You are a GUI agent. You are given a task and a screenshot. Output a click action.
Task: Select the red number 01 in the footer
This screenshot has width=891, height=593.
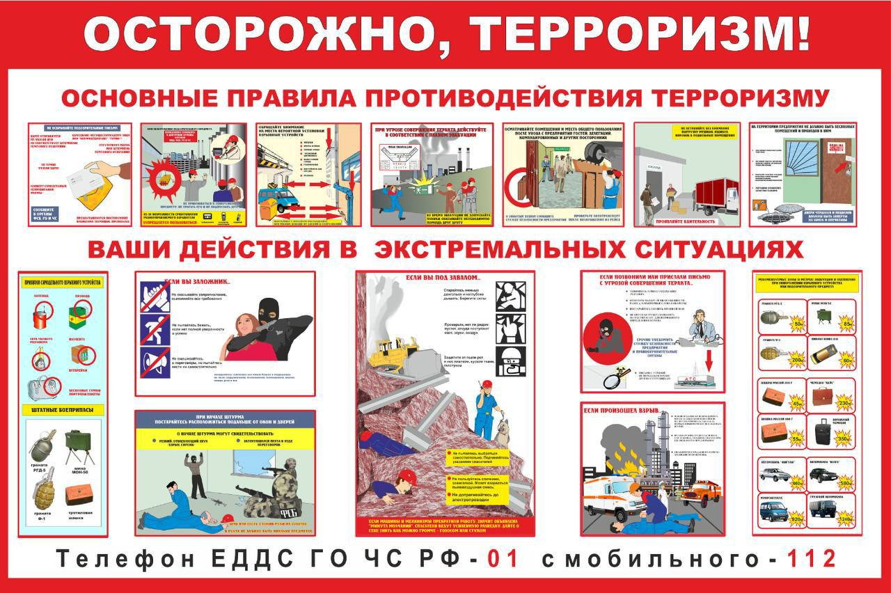click(x=503, y=558)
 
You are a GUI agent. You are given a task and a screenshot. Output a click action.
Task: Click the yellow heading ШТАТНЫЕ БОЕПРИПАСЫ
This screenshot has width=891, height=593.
click(x=63, y=410)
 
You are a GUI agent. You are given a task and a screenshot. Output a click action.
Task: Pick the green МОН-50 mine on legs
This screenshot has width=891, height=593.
click(x=79, y=446)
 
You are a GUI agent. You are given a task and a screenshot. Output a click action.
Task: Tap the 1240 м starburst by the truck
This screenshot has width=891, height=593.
click(x=845, y=518)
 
